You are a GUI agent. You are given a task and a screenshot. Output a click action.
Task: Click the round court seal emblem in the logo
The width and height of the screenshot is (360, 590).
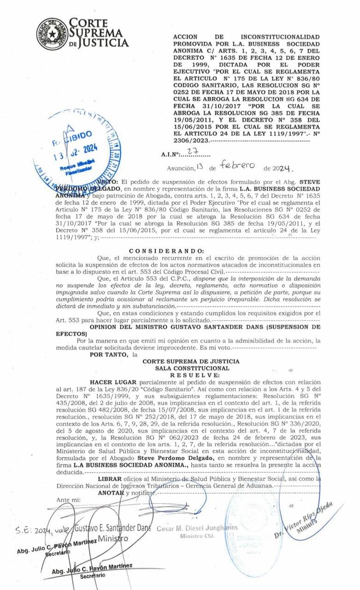pos(52,34)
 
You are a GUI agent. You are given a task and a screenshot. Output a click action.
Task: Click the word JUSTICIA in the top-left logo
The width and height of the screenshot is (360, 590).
pos(102,43)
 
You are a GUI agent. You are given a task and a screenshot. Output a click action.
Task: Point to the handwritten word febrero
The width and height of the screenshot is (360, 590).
pos(238,165)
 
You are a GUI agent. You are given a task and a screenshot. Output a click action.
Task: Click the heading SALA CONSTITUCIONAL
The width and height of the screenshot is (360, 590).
pos(191,368)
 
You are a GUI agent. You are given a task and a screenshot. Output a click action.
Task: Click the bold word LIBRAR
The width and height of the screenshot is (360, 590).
pos(110,479)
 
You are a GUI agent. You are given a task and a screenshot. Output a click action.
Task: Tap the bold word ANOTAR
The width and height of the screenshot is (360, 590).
pos(111,493)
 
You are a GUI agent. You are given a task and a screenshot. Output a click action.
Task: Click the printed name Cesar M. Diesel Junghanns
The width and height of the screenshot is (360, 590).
pos(197,528)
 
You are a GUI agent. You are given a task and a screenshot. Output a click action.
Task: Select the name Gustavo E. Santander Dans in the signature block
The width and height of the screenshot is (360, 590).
pos(112,528)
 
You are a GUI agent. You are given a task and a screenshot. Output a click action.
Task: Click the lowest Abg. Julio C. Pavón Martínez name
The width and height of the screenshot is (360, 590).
pos(92,568)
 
